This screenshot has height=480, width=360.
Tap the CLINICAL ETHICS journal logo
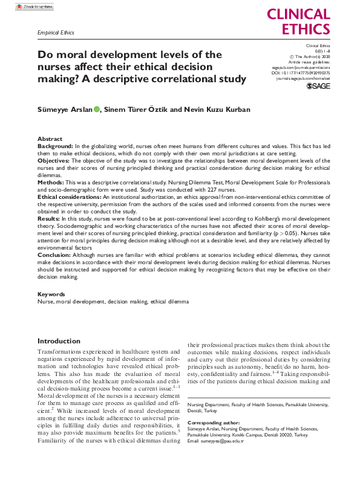[298, 22]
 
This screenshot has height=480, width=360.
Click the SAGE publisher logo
[318, 86]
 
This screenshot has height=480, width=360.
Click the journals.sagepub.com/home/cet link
[303, 79]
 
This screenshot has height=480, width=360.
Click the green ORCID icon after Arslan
[96, 110]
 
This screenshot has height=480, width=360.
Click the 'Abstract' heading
[50, 139]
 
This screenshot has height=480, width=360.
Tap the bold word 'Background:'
[55, 147]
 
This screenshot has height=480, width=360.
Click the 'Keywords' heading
[51, 294]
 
